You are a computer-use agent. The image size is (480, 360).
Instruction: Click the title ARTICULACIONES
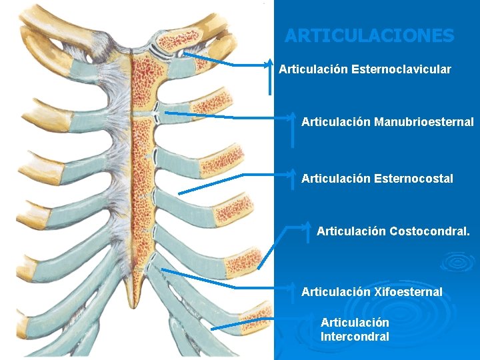coord(369,35)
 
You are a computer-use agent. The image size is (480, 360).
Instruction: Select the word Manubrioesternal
coord(424,122)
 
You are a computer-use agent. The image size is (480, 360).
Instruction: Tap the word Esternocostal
coord(414,179)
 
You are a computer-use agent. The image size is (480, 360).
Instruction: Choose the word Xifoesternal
coord(408,291)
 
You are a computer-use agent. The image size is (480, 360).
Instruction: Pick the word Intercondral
coord(355,337)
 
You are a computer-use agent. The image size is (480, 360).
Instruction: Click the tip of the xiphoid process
coord(139,307)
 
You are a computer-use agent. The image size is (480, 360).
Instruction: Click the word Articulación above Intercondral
coord(355,323)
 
